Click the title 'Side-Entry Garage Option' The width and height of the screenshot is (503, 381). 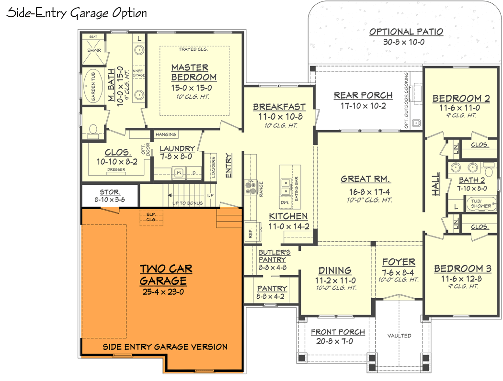(77, 13)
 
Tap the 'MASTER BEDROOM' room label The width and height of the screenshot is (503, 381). (194, 72)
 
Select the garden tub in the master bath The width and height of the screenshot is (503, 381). (91, 86)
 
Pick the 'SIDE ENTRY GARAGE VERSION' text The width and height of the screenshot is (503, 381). (165, 347)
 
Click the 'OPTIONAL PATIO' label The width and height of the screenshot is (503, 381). (406, 32)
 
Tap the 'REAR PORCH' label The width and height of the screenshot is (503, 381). (363, 95)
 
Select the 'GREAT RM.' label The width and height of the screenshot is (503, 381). (366, 179)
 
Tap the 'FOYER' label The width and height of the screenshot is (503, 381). (399, 262)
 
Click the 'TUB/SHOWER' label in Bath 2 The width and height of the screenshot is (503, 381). (480, 203)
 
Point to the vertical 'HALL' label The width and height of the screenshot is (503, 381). (435, 184)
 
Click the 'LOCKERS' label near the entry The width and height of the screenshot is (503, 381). (213, 167)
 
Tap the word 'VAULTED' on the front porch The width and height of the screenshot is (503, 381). (399, 336)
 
